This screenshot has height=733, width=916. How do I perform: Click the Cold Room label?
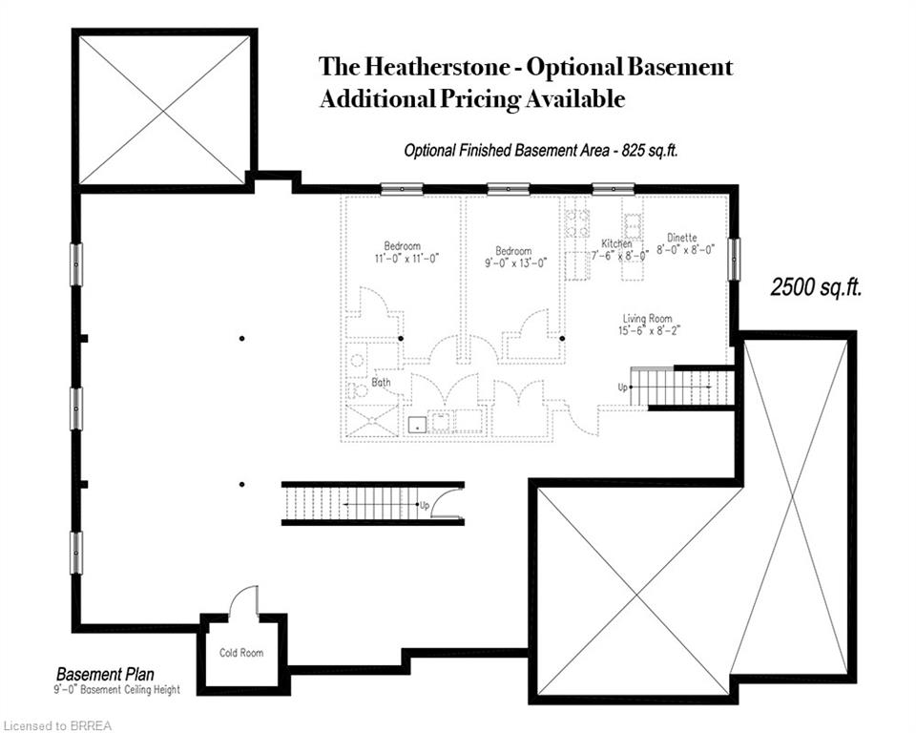(x=241, y=652)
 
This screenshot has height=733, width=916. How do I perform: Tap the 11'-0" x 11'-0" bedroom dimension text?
(x=406, y=258)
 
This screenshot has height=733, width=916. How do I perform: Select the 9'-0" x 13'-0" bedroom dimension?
(x=516, y=263)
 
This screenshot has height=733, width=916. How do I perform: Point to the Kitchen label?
(x=617, y=243)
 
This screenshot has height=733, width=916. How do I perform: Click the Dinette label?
(x=682, y=238)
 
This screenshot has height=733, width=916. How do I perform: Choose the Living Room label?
(x=647, y=319)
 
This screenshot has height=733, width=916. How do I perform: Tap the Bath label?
(x=381, y=383)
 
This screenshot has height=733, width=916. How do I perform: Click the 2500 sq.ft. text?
(x=816, y=287)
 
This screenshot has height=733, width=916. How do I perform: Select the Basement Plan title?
(x=105, y=674)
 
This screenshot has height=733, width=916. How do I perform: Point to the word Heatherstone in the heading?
(x=438, y=67)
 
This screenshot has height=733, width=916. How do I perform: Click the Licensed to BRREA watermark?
(x=56, y=726)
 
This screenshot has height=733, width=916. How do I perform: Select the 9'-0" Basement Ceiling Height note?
(x=116, y=690)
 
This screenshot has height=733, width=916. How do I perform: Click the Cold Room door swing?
(x=244, y=601)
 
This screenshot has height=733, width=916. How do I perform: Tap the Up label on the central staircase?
(x=425, y=505)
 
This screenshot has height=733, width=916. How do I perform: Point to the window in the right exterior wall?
(x=734, y=259)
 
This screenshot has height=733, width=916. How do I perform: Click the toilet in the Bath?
(x=354, y=389)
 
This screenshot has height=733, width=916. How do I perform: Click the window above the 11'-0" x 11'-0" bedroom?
(x=402, y=189)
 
